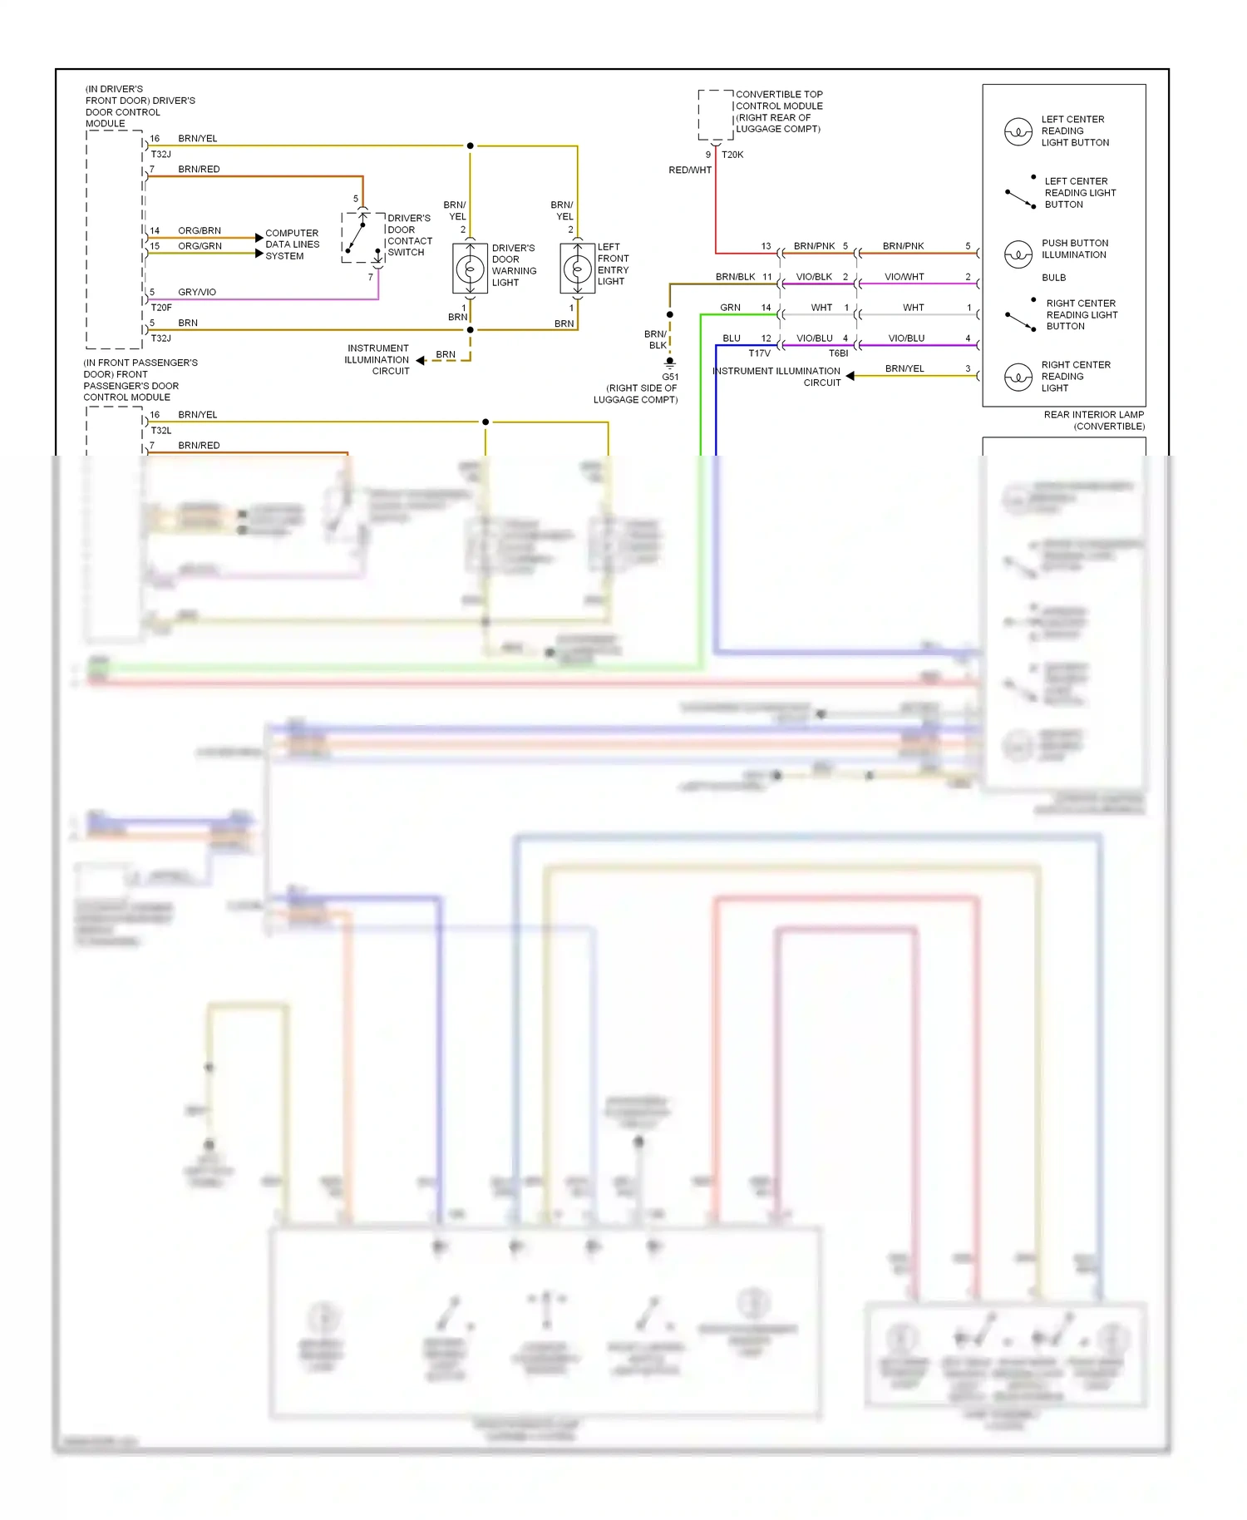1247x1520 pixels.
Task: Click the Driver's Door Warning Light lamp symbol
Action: click(470, 269)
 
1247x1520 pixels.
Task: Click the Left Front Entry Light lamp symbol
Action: click(577, 269)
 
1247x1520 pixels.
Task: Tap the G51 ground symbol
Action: click(669, 363)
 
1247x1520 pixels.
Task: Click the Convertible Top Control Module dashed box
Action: click(715, 115)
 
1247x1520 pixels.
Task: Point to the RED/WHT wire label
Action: click(690, 170)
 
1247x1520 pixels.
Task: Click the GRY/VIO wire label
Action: click(197, 293)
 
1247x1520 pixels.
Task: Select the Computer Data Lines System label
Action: click(292, 244)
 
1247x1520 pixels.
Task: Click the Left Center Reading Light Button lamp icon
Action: click(1018, 131)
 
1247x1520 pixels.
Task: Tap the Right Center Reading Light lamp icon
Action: click(1018, 377)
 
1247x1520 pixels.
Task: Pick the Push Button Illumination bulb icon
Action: click(1018, 254)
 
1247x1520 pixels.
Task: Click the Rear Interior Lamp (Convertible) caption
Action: click(1094, 421)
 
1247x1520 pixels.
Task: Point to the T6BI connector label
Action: click(838, 353)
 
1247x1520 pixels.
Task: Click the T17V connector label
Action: click(759, 353)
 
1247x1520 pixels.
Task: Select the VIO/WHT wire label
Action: click(904, 277)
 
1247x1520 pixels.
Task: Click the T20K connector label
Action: click(732, 155)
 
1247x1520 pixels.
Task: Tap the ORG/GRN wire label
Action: click(200, 246)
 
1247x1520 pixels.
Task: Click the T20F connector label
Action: click(161, 308)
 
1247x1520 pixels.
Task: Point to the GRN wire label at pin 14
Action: click(730, 308)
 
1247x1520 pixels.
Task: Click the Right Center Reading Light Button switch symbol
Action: click(1020, 319)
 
